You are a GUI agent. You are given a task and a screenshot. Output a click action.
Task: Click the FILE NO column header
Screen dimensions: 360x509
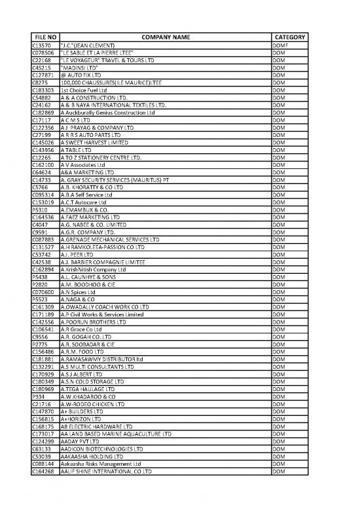(45, 37)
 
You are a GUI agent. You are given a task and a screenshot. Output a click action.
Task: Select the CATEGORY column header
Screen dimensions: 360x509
(288, 37)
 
